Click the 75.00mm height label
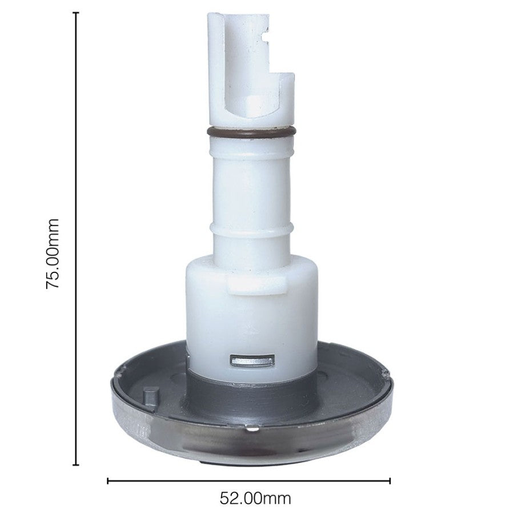[x=53, y=254]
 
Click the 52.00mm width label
[x=255, y=499]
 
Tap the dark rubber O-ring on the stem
[x=251, y=132]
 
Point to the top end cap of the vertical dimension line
[x=76, y=13]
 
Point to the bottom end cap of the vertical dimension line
[x=76, y=464]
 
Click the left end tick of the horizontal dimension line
[x=108, y=481]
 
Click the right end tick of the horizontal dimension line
[x=389, y=481]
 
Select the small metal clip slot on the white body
[x=251, y=360]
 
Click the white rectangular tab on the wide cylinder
[x=256, y=284]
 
